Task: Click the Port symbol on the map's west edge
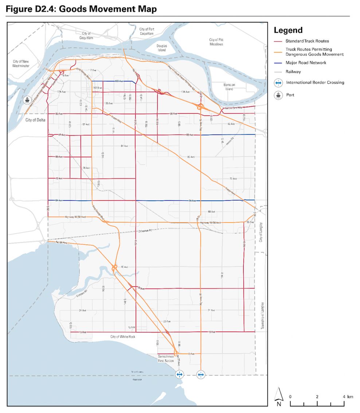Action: coord(27,100)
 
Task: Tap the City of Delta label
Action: coord(35,119)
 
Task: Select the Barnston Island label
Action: coord(229,87)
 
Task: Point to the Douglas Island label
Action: coord(162,48)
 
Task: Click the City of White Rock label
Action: coord(122,337)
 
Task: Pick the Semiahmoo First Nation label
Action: coord(166,358)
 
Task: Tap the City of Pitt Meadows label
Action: coord(216,42)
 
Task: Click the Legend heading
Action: coord(288,30)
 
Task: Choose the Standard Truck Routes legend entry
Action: coord(307,41)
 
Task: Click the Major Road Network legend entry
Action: coord(306,63)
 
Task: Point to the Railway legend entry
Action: coord(293,72)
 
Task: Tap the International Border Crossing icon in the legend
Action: coord(278,83)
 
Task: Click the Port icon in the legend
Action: coord(278,95)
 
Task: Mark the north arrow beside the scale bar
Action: coord(279,397)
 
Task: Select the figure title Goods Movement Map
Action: coord(81,9)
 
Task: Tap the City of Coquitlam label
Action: coord(86,36)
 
